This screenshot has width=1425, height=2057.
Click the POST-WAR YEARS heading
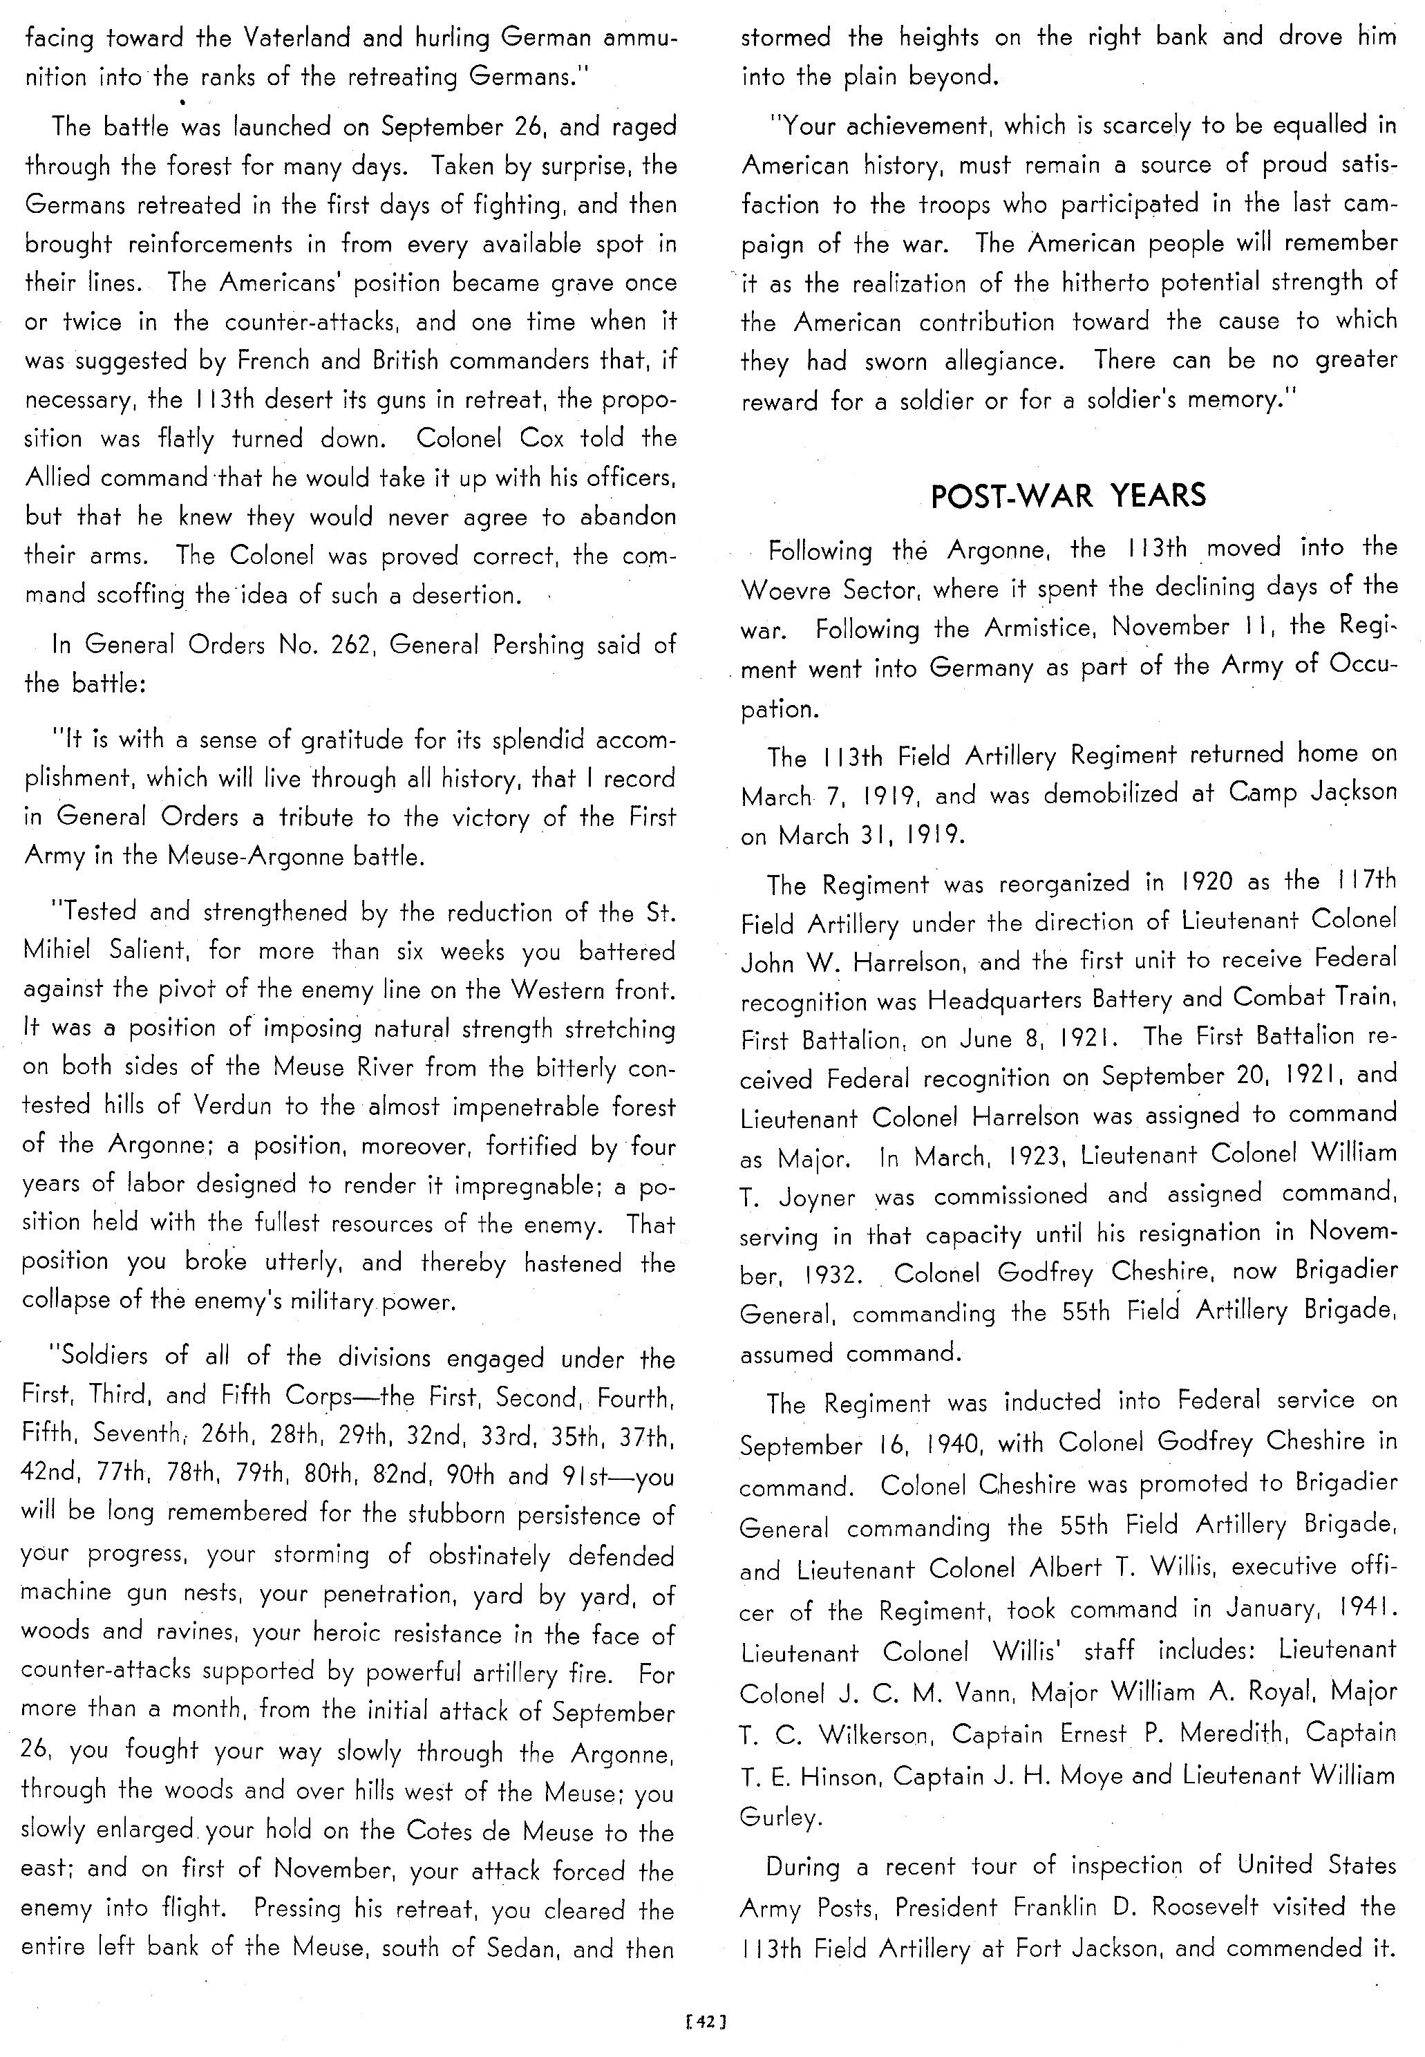[1068, 496]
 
